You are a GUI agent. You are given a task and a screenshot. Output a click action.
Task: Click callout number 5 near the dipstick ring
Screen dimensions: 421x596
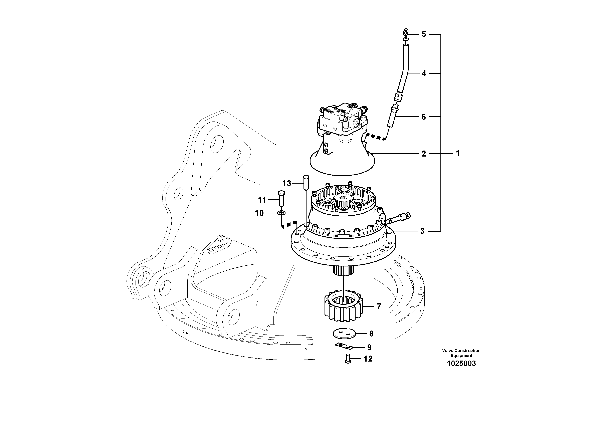click(x=424, y=34)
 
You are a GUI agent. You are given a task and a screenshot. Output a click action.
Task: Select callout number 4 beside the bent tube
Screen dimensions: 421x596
click(x=424, y=73)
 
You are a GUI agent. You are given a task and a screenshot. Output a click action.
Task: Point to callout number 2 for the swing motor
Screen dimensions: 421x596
click(x=423, y=154)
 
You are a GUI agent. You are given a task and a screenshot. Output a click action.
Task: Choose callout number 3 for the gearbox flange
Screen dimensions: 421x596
click(x=422, y=231)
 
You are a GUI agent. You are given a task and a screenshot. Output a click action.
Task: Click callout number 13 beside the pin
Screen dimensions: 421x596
click(x=286, y=184)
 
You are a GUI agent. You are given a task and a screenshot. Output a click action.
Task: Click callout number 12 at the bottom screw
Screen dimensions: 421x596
click(x=368, y=359)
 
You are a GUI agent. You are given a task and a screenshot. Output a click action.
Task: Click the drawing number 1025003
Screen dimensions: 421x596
click(x=461, y=363)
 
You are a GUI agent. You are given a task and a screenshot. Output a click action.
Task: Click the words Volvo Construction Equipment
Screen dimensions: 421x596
click(x=461, y=353)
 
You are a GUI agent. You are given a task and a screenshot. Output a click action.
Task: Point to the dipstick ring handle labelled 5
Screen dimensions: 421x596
click(x=405, y=33)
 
